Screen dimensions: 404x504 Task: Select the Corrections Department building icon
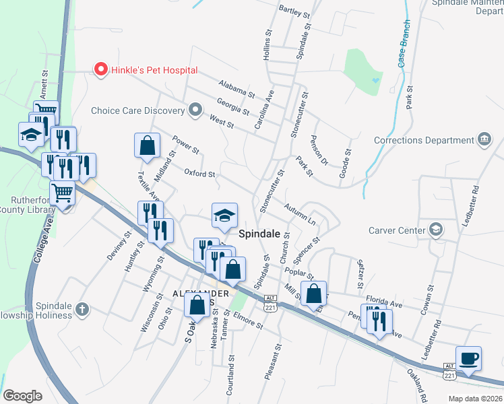coord(484,140)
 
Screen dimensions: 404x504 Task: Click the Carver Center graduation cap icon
coord(437,230)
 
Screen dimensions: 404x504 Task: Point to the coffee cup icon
coord(468,358)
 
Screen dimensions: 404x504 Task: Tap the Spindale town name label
coord(259,234)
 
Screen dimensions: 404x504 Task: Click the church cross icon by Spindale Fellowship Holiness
coord(82,309)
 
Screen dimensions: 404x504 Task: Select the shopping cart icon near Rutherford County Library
coord(62,193)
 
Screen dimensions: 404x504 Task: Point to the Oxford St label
coord(199,173)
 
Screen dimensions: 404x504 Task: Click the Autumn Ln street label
coord(299,214)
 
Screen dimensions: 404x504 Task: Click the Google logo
coord(22,396)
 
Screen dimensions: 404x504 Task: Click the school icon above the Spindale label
coord(225,215)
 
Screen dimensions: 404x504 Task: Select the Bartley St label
coord(294,12)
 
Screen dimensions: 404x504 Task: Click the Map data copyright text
coord(476,399)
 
